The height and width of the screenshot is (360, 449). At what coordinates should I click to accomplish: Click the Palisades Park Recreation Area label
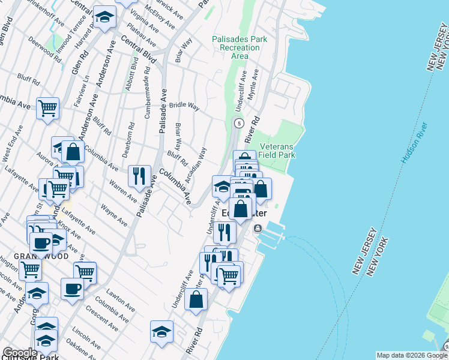tap(239, 47)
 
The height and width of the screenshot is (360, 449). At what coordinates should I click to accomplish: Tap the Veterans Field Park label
tap(277, 151)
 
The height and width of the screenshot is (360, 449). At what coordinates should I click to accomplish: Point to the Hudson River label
tap(414, 145)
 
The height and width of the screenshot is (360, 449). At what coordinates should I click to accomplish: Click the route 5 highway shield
tap(239, 124)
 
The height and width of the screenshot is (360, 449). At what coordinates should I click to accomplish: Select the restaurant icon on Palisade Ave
tap(139, 176)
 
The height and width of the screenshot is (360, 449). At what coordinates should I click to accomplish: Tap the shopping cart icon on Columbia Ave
tap(47, 108)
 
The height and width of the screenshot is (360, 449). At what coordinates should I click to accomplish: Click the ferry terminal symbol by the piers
tap(258, 229)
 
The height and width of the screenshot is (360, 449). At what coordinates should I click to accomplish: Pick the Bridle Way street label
tap(184, 106)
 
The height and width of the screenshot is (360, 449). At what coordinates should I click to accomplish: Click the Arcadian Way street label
tap(196, 166)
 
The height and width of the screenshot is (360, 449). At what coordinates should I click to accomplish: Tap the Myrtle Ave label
tap(255, 82)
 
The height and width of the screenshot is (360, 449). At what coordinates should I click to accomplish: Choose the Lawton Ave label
tap(118, 296)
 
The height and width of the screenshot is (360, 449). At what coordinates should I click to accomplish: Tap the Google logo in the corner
tap(19, 353)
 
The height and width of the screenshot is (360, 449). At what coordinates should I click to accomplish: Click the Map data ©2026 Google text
tap(411, 355)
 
